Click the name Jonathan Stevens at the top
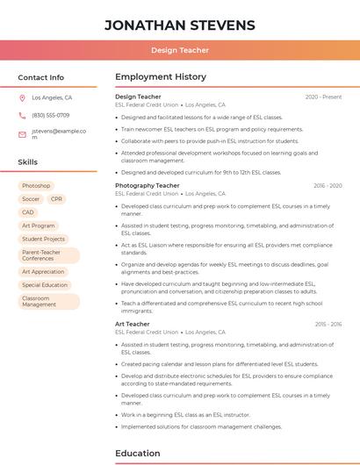pyautogui.click(x=180, y=25)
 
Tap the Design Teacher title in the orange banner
pyautogui.click(x=180, y=50)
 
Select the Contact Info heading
pyautogui.click(x=41, y=77)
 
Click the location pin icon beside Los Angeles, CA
pyautogui.click(x=22, y=98)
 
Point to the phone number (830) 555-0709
pyautogui.click(x=51, y=115)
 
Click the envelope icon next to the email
pyautogui.click(x=22, y=134)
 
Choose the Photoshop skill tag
pyautogui.click(x=36, y=186)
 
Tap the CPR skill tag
pyautogui.click(x=57, y=199)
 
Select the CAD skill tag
pyautogui.click(x=28, y=212)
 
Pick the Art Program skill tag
pyautogui.click(x=38, y=225)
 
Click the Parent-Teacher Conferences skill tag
pyautogui.click(x=48, y=255)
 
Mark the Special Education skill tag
pyautogui.click(x=45, y=285)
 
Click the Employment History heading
pyautogui.click(x=161, y=77)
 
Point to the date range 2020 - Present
pyautogui.click(x=323, y=97)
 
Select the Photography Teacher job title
pyautogui.click(x=148, y=186)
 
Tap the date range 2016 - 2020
pyautogui.click(x=328, y=186)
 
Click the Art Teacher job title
pyautogui.click(x=133, y=325)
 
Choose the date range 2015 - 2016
pyautogui.click(x=328, y=325)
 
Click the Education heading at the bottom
pyautogui.click(x=139, y=454)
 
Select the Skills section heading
pyautogui.click(x=28, y=162)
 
